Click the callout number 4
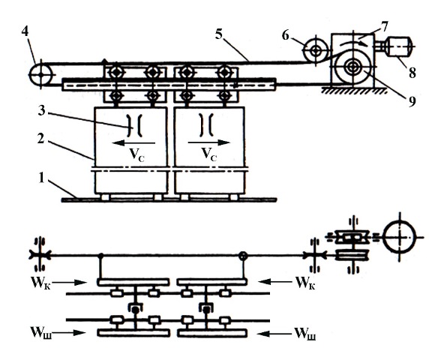tap(25, 31)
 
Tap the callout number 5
tap(219, 34)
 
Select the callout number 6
tap(286, 36)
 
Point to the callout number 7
tap(383, 27)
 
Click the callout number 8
tap(412, 73)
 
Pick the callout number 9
tap(412, 101)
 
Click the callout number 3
tap(41, 110)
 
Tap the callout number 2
tap(41, 139)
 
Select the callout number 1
tap(42, 178)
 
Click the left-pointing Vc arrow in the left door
tap(133, 143)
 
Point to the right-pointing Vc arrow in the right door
tap(209, 142)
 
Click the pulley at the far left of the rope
tap(41, 75)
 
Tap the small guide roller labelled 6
tap(316, 51)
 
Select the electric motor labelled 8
tap(399, 46)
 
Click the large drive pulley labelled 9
tap(352, 67)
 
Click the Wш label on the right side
tap(304, 334)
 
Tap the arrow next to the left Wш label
tap(69, 333)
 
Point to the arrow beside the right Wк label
tap(276, 281)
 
